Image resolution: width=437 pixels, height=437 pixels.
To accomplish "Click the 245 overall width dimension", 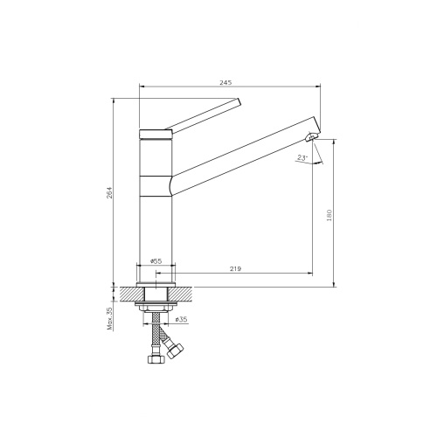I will pos(225,82).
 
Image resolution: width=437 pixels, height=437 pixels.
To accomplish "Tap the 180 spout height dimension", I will pos(329,215).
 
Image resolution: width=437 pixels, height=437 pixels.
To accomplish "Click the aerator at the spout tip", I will pos(312,137).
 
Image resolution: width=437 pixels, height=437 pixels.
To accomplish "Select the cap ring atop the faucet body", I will pos(156,132).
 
